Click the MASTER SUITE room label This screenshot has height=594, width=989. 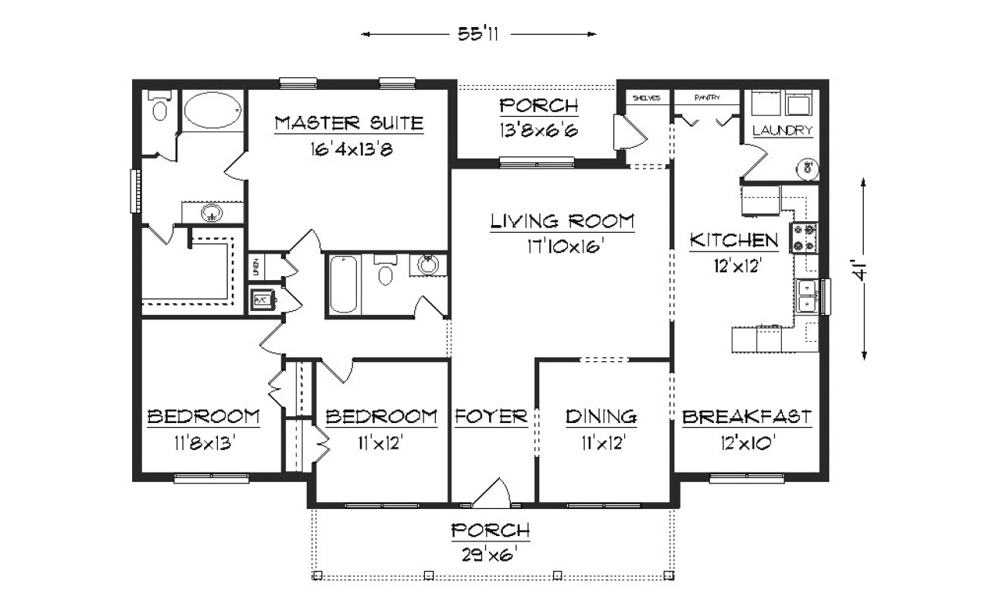click(348, 123)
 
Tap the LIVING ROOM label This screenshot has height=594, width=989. click(562, 221)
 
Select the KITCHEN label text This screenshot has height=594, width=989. click(733, 241)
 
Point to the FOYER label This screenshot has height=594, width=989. click(491, 417)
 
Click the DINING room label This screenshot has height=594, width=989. click(601, 417)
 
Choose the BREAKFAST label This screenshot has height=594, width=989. click(746, 417)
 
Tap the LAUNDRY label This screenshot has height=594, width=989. click(783, 131)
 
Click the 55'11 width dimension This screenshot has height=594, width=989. click(478, 34)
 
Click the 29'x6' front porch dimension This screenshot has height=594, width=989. click(491, 555)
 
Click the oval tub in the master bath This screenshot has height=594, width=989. click(213, 111)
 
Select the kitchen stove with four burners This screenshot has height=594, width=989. click(803, 237)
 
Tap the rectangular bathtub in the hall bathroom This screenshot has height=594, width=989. click(343, 285)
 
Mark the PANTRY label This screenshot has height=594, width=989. click(706, 98)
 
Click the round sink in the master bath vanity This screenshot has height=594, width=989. click(211, 212)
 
